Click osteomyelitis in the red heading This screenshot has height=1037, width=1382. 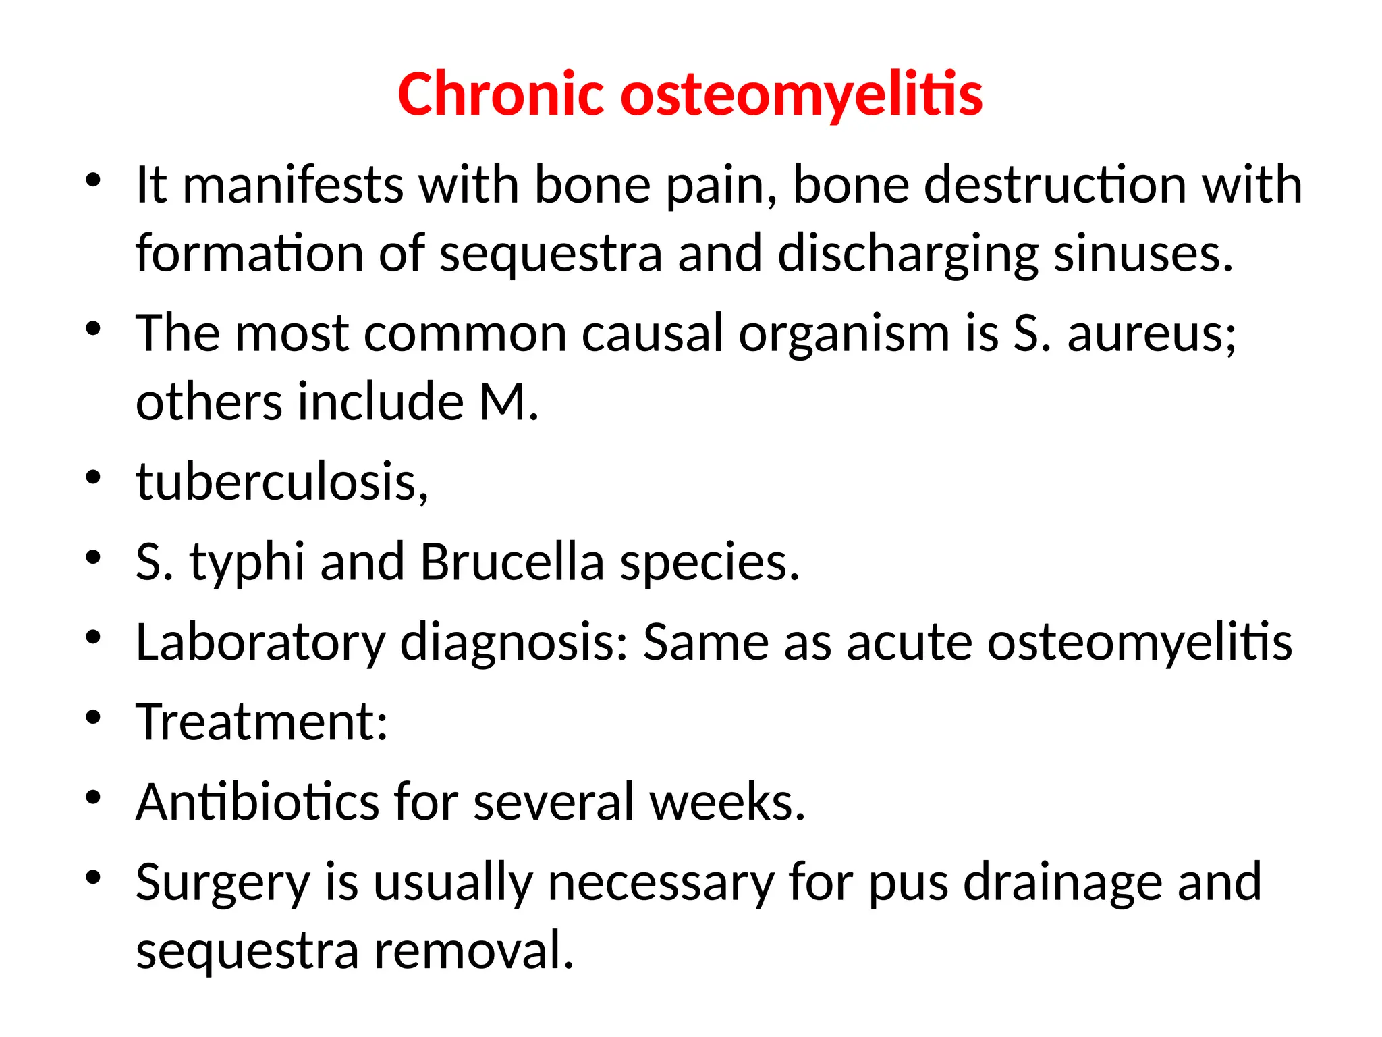(801, 96)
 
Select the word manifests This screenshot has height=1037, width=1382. (293, 185)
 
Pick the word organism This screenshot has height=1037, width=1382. (844, 334)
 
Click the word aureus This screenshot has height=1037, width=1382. (1151, 335)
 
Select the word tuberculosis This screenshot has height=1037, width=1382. (282, 482)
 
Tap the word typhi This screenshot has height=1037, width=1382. (247, 562)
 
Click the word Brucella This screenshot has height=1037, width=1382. (512, 562)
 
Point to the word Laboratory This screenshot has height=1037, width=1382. (260, 643)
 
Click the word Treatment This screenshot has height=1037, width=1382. (262, 722)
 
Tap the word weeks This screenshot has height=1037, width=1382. (727, 802)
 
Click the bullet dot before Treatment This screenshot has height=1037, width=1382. (93, 716)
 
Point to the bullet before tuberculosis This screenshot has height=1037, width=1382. (93, 477)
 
